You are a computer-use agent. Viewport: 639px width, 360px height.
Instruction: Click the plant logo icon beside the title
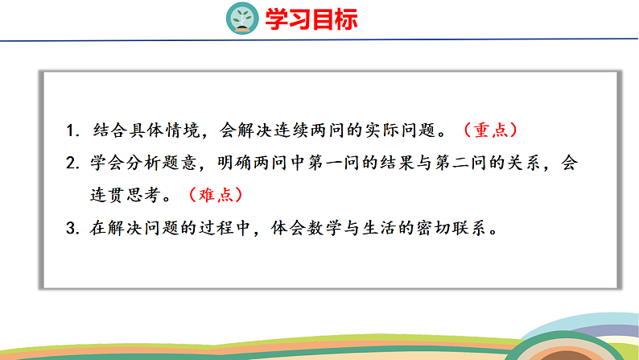coord(241,18)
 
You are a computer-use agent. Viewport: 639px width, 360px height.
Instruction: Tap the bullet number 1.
coord(72,129)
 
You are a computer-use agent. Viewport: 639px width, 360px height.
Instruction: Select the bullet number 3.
coord(72,227)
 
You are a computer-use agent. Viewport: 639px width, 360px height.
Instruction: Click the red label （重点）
coord(491,129)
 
